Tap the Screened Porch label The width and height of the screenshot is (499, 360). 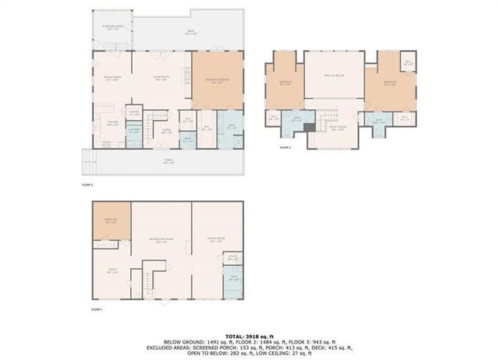114,27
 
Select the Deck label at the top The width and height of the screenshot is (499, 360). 190,33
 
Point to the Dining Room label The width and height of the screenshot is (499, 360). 111,80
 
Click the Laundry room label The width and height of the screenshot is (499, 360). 133,131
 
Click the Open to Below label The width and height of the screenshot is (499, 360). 334,76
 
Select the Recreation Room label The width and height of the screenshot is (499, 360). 161,242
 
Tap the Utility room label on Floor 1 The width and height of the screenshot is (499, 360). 233,257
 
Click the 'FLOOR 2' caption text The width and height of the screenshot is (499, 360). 87,185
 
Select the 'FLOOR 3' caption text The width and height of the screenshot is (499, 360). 285,147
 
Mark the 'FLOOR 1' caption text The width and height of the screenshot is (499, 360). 97,309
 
